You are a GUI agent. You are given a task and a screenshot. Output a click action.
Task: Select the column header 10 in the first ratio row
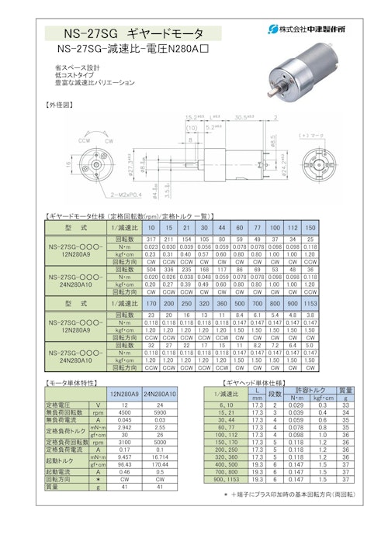[151, 229]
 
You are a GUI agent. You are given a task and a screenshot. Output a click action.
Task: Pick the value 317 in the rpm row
[151, 240]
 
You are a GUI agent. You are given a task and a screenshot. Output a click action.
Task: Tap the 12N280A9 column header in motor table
[125, 394]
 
